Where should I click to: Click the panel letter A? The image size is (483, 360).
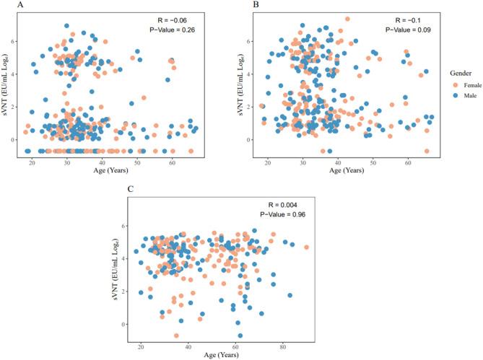(6, 5)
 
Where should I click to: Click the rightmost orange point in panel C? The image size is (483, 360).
(307, 247)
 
